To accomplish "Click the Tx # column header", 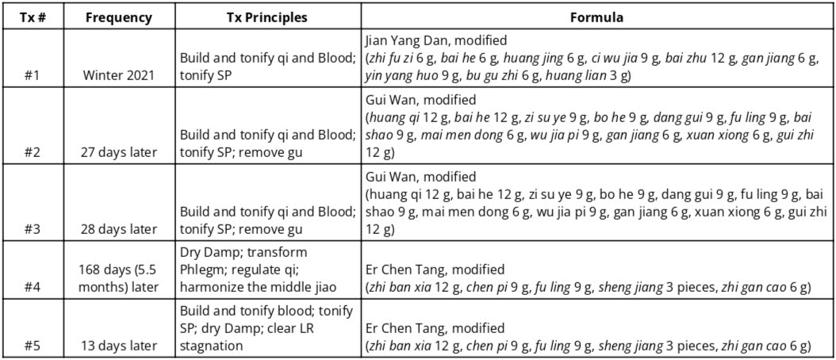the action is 33,17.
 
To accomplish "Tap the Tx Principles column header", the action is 266,17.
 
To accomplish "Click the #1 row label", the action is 33,76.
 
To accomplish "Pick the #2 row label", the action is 33,152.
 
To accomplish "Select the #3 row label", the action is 33,229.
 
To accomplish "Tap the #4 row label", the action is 33,288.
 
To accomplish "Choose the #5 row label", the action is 33,346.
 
